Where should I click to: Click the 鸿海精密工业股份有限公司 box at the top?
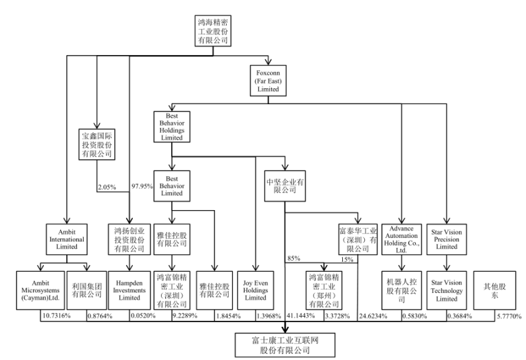(212, 30)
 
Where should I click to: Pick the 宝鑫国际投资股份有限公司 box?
(97, 144)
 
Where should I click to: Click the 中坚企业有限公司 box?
(285, 184)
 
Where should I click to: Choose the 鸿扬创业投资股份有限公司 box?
(129, 239)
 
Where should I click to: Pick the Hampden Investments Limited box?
(129, 289)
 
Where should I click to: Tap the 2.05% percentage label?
(107, 187)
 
